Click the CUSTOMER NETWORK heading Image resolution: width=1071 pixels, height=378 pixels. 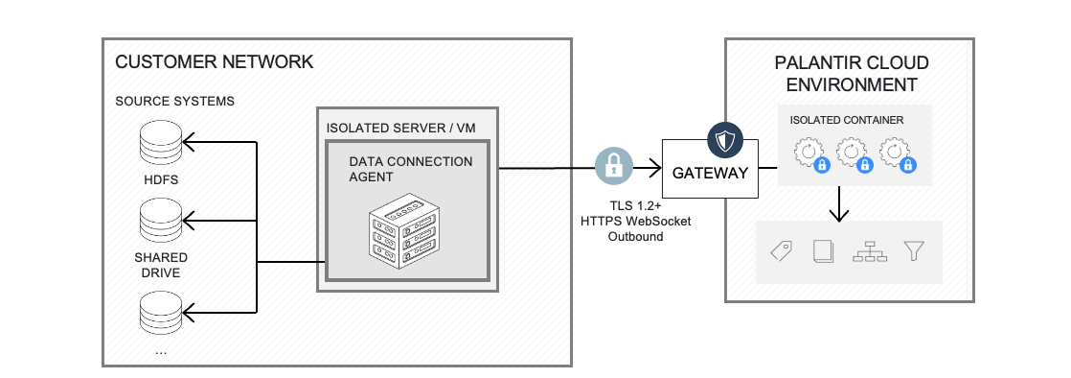(214, 62)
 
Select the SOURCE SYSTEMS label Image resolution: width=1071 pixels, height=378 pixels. (174, 101)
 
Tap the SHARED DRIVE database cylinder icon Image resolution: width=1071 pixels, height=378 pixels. (160, 223)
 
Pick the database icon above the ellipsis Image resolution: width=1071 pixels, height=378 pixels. (160, 313)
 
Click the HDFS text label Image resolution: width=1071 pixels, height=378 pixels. (160, 179)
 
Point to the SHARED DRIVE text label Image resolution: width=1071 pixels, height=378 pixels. (160, 265)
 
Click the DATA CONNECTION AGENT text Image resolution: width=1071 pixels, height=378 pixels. (410, 169)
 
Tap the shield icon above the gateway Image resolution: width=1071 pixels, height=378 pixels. (725, 140)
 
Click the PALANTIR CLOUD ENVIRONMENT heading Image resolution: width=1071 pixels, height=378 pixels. (851, 74)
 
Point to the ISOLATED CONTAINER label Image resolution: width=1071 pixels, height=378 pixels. (846, 121)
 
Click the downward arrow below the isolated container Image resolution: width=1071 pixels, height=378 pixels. (840, 202)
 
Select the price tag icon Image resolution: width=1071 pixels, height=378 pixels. (781, 251)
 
